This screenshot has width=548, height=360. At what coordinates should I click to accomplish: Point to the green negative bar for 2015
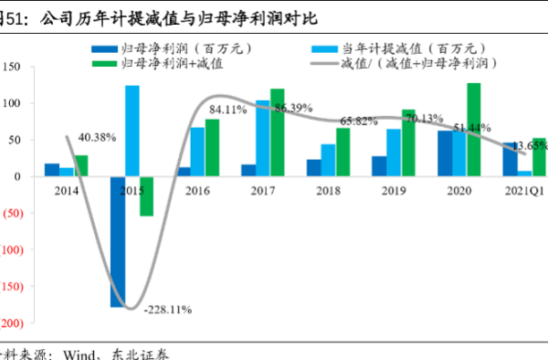point(146,196)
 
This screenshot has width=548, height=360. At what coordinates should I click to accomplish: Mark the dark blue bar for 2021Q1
point(509,159)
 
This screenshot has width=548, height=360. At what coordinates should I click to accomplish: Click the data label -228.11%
point(167,310)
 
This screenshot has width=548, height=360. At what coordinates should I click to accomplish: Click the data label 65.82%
point(360,121)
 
